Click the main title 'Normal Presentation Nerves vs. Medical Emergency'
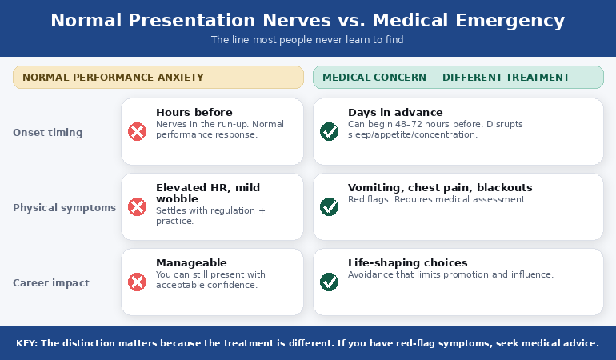tap(307, 21)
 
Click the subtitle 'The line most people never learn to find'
tap(307, 39)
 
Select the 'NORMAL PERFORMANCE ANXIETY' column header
tap(113, 78)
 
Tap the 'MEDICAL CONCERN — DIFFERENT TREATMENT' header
tap(446, 78)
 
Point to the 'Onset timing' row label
tap(47, 132)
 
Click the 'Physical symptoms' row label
tap(64, 207)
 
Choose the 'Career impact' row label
tap(51, 282)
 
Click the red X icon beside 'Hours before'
tap(138, 131)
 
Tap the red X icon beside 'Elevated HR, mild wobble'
tap(138, 206)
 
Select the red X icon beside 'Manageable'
tap(138, 282)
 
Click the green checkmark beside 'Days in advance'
tap(329, 131)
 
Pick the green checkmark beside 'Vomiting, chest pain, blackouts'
tap(329, 206)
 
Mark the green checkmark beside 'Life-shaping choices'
tap(329, 282)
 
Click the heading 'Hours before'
tap(194, 113)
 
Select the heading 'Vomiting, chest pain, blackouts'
tap(440, 188)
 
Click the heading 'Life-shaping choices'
tap(408, 263)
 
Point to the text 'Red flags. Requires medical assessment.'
tap(438, 199)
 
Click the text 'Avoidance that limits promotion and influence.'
tap(450, 274)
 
